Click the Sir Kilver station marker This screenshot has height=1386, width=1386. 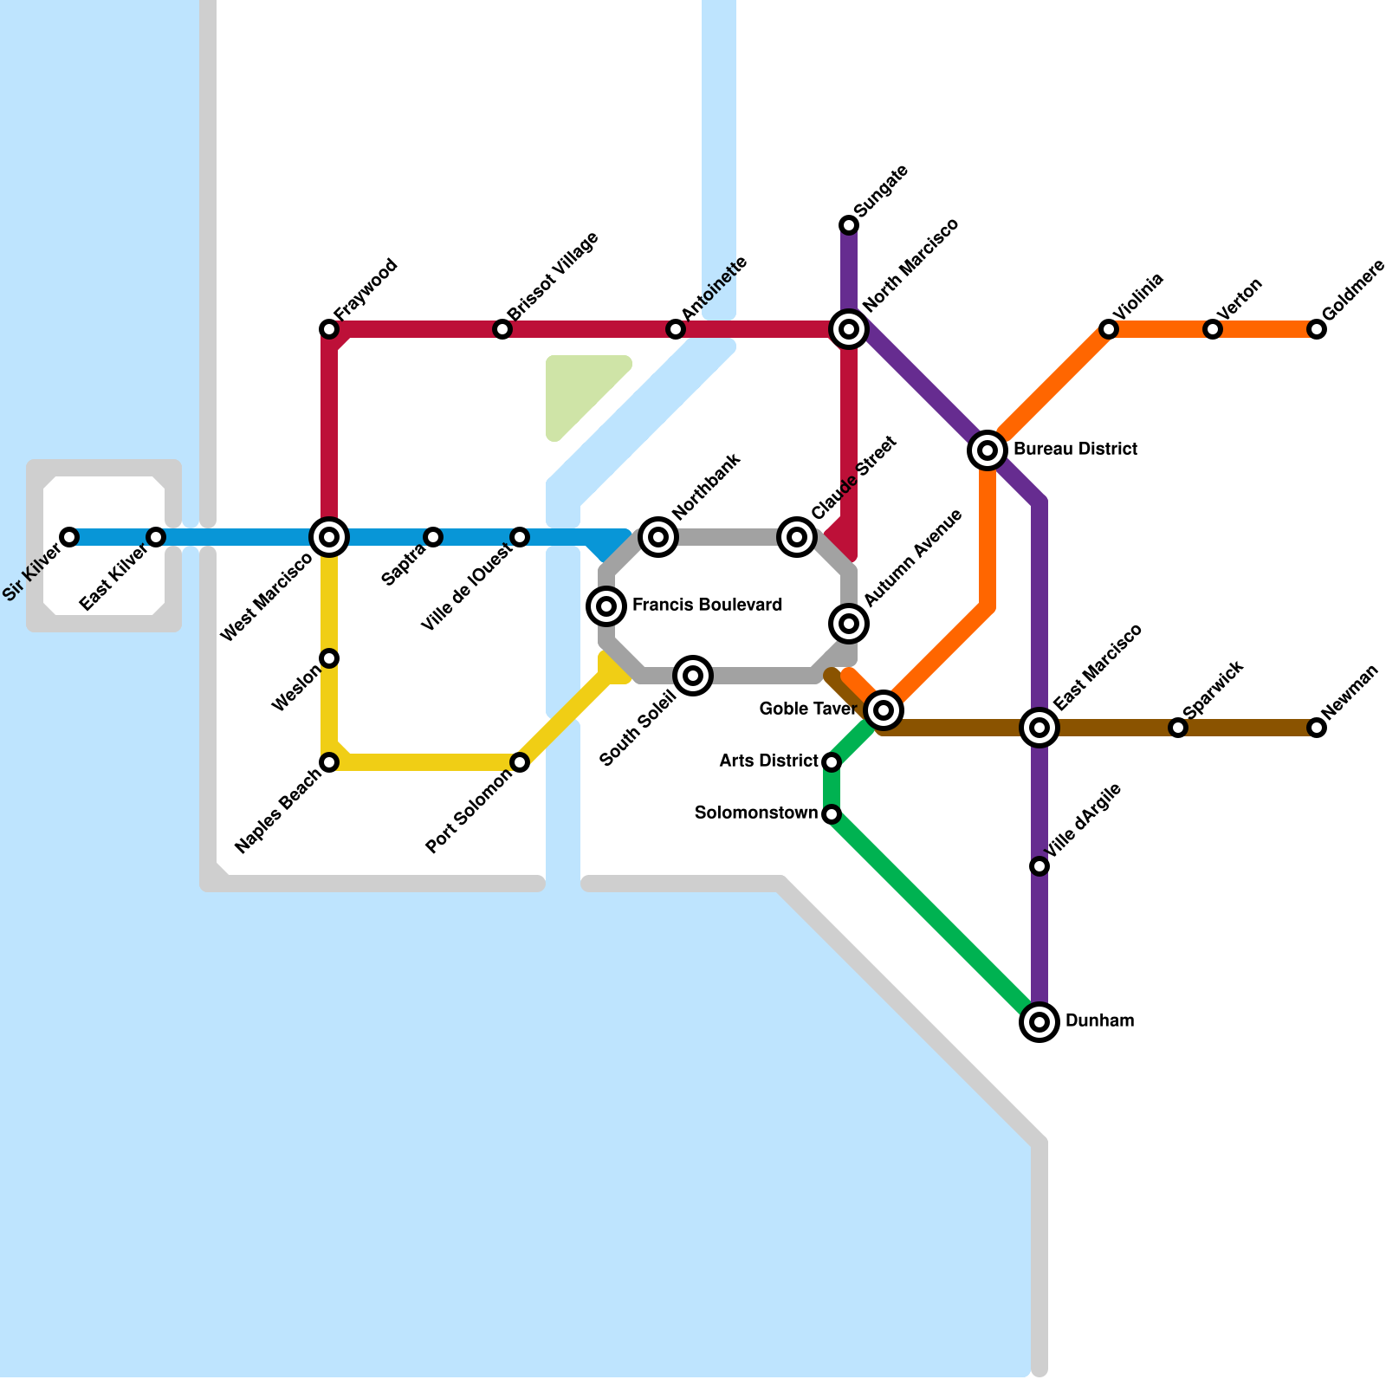(x=69, y=537)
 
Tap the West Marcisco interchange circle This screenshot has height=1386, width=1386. (x=329, y=537)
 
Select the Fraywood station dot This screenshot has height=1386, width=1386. (x=329, y=329)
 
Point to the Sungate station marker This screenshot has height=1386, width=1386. (x=849, y=225)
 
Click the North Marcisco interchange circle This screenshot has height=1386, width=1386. (x=849, y=329)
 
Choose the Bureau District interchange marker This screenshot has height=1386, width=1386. (x=987, y=450)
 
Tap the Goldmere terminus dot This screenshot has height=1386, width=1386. (x=1317, y=329)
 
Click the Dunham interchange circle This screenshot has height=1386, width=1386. (x=1039, y=1022)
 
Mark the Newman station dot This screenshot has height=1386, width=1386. (x=1317, y=728)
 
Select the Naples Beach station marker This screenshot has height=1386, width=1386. (x=329, y=762)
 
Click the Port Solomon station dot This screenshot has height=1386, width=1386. (x=520, y=762)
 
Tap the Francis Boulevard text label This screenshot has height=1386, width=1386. (x=707, y=606)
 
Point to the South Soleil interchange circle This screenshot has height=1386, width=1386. (x=693, y=676)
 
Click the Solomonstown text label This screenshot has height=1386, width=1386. (x=756, y=813)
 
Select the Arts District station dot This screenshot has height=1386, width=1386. (x=832, y=762)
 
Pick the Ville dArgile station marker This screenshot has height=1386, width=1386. (x=1039, y=866)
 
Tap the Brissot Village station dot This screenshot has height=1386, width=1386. (x=502, y=329)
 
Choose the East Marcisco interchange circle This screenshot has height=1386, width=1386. (x=1039, y=728)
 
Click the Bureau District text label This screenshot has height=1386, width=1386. (x=1075, y=450)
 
